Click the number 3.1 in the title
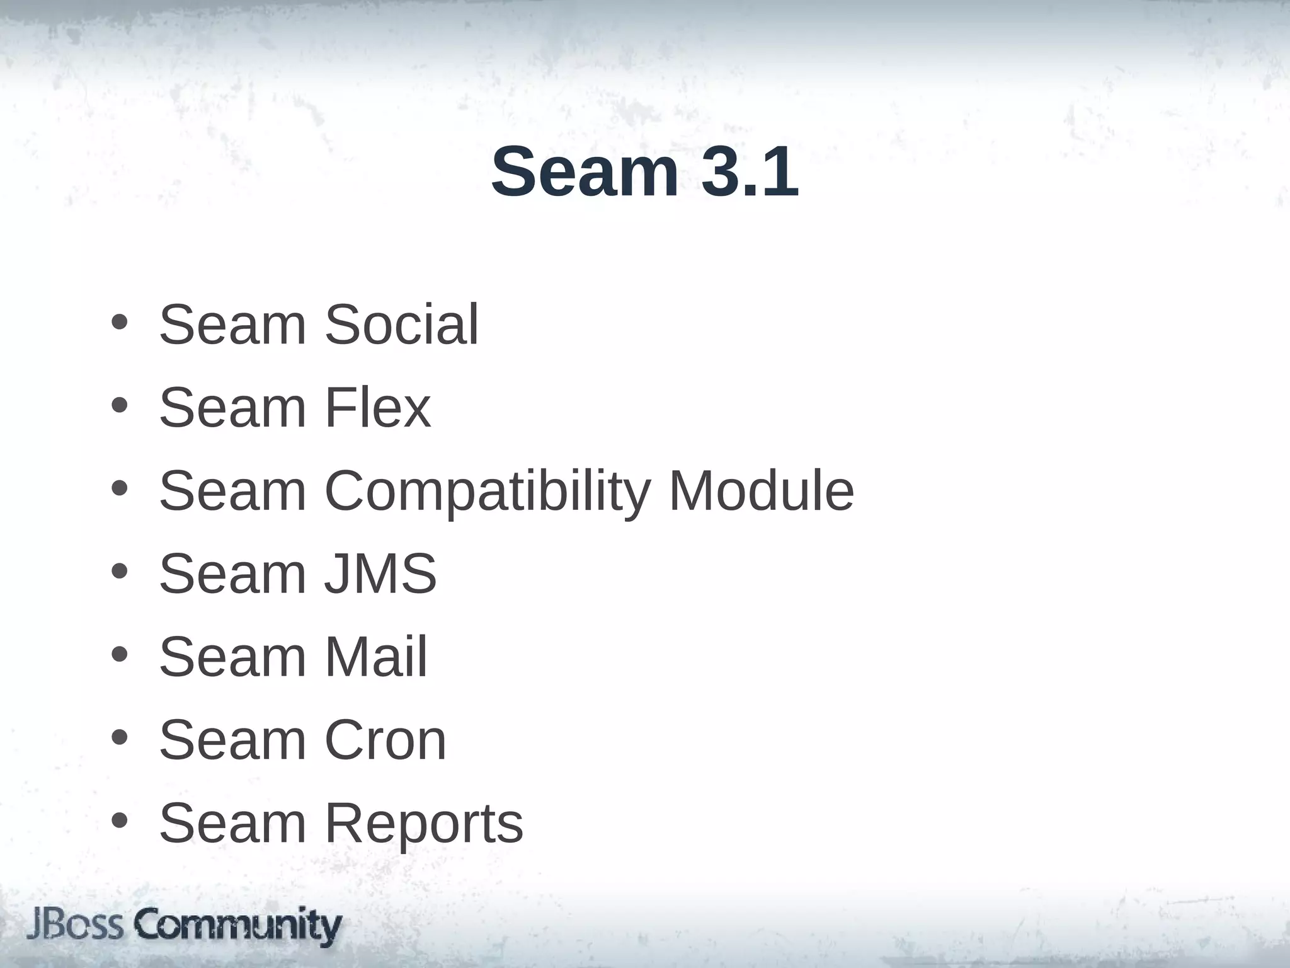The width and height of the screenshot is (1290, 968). point(750,172)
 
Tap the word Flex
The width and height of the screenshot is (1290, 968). point(377,408)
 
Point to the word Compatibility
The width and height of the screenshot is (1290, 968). point(487,492)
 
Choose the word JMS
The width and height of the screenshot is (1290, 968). point(380,573)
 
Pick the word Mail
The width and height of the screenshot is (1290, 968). point(375,657)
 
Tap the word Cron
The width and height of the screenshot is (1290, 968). point(385,740)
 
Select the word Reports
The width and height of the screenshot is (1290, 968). point(423,824)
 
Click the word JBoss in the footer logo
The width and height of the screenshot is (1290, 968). point(76,926)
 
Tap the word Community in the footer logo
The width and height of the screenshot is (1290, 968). point(238,926)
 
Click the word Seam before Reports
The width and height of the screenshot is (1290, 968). point(232,824)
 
